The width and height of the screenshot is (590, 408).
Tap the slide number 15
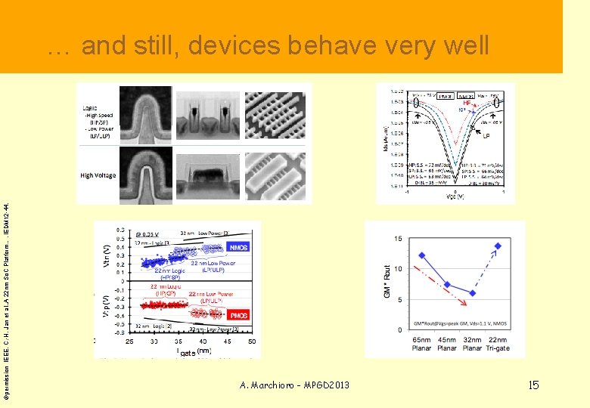(533, 385)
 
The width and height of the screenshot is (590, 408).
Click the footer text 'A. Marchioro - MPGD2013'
(294, 385)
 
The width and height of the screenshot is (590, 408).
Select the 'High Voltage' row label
(98, 175)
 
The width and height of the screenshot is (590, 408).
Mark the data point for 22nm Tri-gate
(498, 246)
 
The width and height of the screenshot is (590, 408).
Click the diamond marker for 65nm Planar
(421, 255)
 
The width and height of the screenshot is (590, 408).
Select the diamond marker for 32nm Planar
(473, 293)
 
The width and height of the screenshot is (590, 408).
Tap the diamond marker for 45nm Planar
(447, 285)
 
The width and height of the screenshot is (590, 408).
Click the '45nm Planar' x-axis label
(447, 345)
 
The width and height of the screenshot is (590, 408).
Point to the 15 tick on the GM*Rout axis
(397, 239)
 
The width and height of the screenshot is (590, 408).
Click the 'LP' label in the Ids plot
(486, 137)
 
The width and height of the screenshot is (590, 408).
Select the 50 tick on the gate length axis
(253, 342)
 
